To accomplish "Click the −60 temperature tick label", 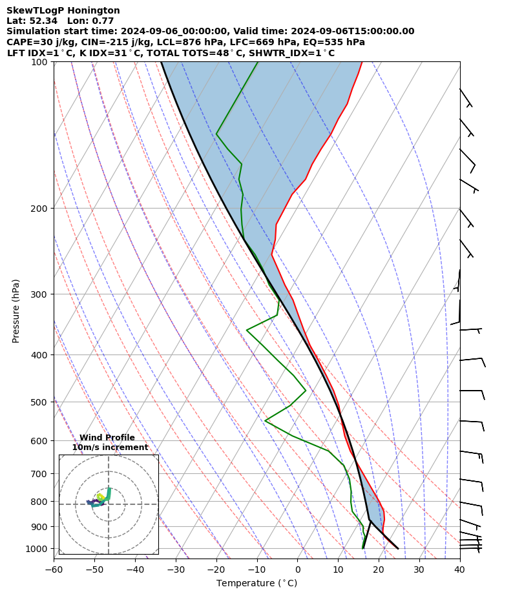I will (x=54, y=569).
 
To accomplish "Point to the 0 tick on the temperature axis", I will (x=298, y=569).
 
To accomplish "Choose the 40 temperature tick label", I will (x=459, y=569).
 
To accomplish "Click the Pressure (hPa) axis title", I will (x=16, y=311).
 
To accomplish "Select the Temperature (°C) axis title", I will (x=256, y=584).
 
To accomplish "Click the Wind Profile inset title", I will (x=107, y=438).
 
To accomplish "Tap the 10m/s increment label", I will (x=110, y=447).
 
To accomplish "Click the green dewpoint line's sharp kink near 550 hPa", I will (x=265, y=420).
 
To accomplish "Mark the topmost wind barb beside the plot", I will (x=465, y=97).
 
